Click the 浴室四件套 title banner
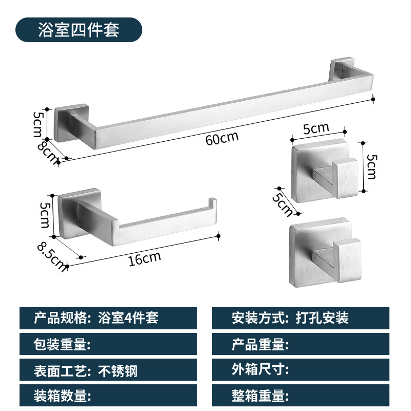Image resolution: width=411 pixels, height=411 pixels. point(79,30)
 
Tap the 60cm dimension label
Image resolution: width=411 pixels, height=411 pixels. point(222,139)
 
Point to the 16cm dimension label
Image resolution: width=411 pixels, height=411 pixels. point(144,258)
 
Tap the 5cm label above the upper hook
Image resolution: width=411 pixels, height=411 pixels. point(315,129)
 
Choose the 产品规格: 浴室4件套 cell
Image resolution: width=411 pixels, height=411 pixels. point(108,318)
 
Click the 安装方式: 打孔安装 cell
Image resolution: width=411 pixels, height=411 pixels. point(301,318)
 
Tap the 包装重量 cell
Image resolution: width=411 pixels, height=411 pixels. point(108,344)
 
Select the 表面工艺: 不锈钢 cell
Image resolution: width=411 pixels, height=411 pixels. point(108,370)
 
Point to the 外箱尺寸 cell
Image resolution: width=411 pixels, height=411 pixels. point(301,370)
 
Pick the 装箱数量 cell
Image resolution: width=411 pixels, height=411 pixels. point(108,396)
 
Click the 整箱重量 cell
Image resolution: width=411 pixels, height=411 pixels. point(301,396)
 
